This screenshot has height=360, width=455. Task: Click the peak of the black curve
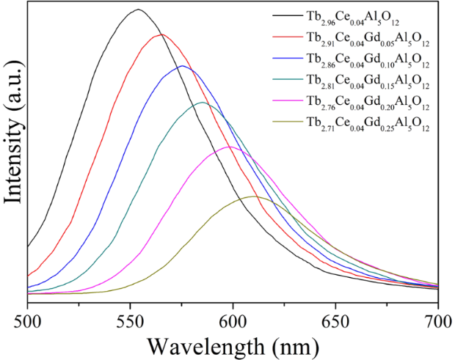coord(137,10)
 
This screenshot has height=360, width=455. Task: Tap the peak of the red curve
coord(161,34)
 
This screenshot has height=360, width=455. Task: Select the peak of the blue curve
coord(182,66)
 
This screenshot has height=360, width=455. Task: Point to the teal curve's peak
coord(203,102)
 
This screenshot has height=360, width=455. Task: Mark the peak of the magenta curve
coord(230,147)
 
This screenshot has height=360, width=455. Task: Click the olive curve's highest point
coord(253,196)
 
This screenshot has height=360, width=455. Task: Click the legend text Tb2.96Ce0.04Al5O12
coord(349,15)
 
